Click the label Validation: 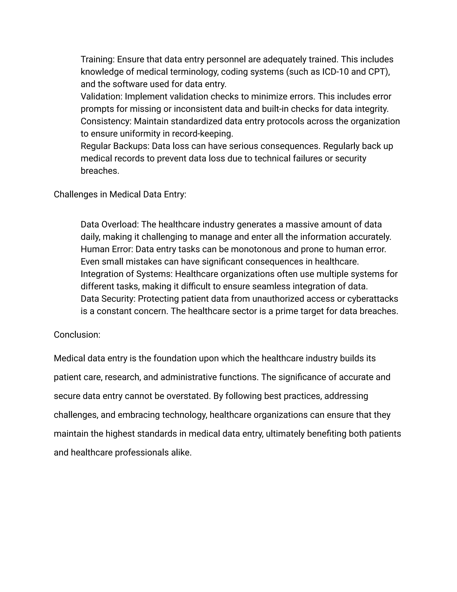[x=102, y=97]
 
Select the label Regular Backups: [x=115, y=146]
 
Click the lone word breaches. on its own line [x=100, y=171]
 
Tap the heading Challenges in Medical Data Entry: [x=120, y=194]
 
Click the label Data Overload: [x=110, y=225]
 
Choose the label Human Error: [x=107, y=249]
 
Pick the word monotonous [x=257, y=249]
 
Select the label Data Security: [x=108, y=299]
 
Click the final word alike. [x=181, y=453]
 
